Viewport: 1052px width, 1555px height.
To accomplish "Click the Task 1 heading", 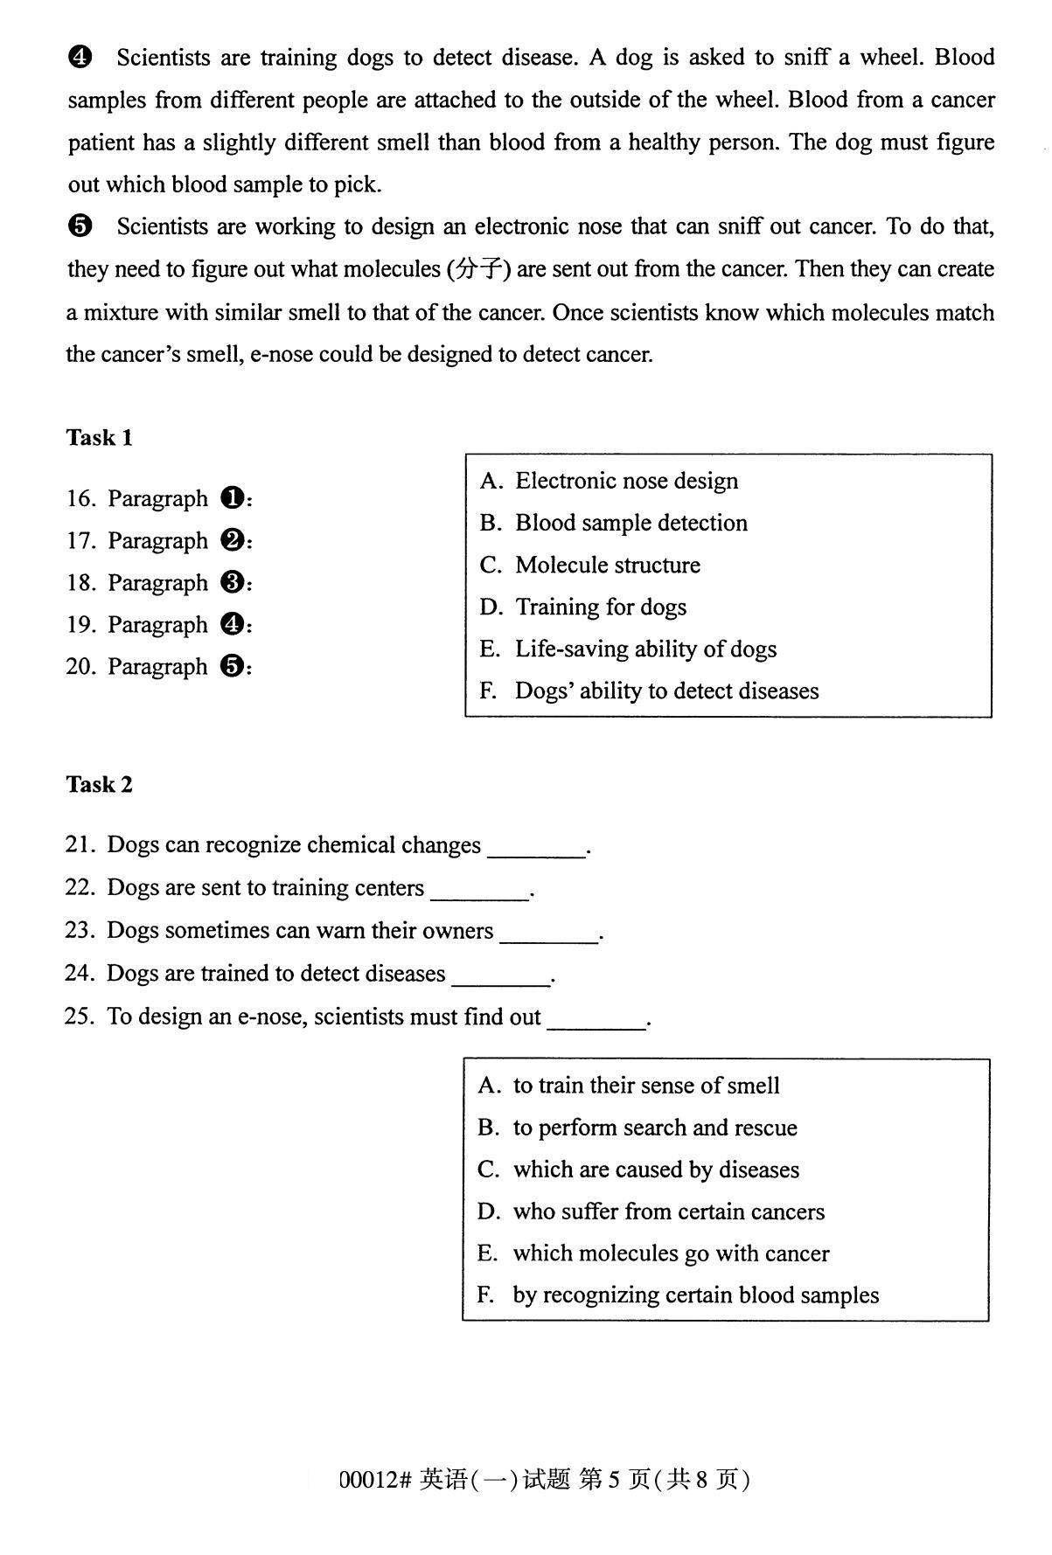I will pyautogui.click(x=99, y=437).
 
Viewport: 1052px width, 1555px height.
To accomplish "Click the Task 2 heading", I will pyautogui.click(x=99, y=784).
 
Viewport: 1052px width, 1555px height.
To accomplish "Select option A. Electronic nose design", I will pyautogui.click(x=609, y=481).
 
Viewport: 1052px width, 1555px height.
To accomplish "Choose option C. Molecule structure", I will pyautogui.click(x=589, y=565).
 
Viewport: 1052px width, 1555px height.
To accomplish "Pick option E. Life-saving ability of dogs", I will pyautogui.click(x=628, y=649).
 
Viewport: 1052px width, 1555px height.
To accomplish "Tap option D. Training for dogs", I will pyautogui.click(x=583, y=607).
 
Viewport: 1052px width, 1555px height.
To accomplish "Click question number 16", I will pyautogui.click(x=80, y=499).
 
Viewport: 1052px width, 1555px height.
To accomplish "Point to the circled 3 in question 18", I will pyautogui.click(x=232, y=583).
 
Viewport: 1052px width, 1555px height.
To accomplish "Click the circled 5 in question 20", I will pyautogui.click(x=232, y=667).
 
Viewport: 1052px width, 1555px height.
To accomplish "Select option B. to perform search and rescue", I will pyautogui.click(x=637, y=1128).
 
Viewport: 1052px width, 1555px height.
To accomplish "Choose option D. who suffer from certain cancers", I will pyautogui.click(x=651, y=1211).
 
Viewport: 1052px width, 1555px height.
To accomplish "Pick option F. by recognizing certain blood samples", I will pyautogui.click(x=678, y=1295).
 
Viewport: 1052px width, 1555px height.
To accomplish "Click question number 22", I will pyautogui.click(x=79, y=888).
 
